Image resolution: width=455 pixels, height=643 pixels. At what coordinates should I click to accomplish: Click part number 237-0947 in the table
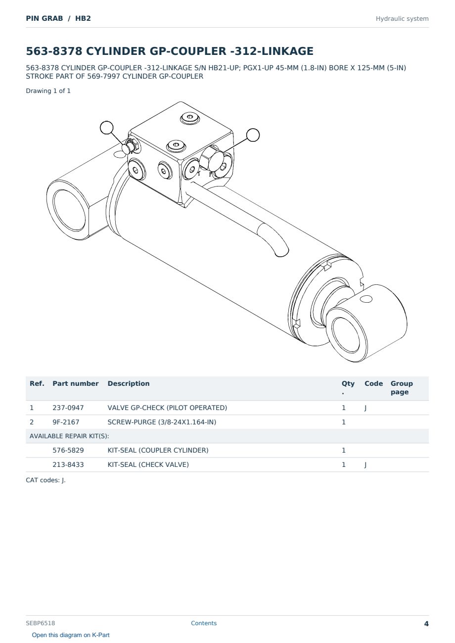click(x=68, y=408)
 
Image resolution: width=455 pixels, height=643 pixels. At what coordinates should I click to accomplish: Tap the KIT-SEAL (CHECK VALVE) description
click(x=148, y=464)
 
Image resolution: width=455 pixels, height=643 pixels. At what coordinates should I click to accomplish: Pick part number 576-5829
click(x=68, y=450)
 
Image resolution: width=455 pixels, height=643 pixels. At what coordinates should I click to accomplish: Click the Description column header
click(x=129, y=383)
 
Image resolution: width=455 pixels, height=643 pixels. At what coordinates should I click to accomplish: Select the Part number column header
click(x=76, y=383)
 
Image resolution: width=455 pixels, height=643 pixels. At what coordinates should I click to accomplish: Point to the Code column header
click(x=373, y=383)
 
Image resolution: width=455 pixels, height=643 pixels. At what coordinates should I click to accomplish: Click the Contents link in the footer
click(x=204, y=623)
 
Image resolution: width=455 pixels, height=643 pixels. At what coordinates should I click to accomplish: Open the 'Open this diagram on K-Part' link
click(x=71, y=635)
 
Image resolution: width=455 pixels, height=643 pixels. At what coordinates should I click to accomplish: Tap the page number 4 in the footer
click(x=426, y=624)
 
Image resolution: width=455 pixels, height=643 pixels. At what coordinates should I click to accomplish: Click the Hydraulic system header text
click(x=402, y=19)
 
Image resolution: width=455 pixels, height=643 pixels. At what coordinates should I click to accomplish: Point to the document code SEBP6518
click(x=41, y=623)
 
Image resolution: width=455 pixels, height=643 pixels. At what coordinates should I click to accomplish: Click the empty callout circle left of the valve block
click(x=106, y=128)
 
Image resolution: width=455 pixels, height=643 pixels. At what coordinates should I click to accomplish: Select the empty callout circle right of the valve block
click(x=253, y=135)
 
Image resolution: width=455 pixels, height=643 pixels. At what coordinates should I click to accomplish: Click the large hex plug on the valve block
click(x=212, y=158)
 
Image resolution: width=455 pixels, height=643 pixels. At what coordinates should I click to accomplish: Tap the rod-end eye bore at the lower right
click(x=346, y=335)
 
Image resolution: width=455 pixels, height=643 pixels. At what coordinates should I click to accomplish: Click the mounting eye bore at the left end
click(x=69, y=210)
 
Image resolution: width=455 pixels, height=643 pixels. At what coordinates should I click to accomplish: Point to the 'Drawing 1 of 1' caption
click(x=48, y=91)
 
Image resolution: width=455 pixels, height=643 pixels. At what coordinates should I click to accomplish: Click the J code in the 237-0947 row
click(x=365, y=408)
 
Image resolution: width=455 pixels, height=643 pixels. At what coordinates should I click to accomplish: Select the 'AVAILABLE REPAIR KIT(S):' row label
click(x=69, y=436)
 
